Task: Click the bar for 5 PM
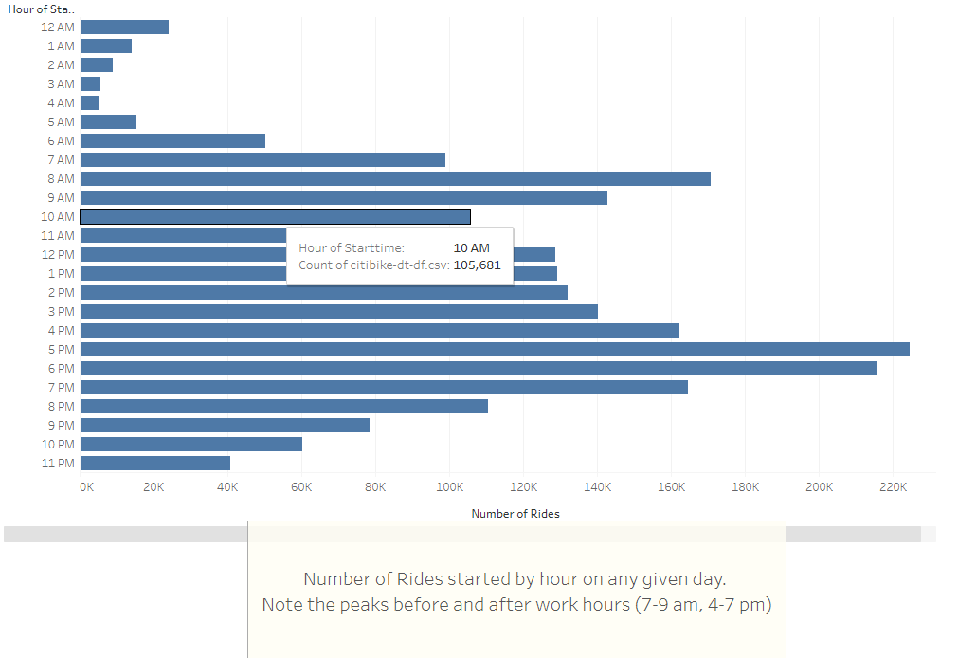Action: click(495, 349)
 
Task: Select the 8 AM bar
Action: click(395, 178)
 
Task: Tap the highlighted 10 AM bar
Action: click(275, 216)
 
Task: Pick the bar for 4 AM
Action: click(90, 102)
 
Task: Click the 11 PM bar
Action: click(155, 463)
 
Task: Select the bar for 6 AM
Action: click(172, 140)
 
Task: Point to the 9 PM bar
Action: click(225, 425)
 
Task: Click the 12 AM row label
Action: click(58, 27)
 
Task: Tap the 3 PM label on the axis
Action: click(61, 311)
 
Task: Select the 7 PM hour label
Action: click(61, 387)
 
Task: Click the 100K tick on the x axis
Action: click(449, 487)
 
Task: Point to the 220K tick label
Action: click(893, 487)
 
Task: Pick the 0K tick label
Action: click(86, 487)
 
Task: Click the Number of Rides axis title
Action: click(515, 513)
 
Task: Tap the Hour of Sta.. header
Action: click(42, 9)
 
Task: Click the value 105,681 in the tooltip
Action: click(477, 265)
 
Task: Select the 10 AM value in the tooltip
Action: click(471, 247)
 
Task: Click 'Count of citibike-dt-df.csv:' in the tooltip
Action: click(373, 265)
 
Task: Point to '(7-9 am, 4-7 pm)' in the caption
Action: click(702, 604)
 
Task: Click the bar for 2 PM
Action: click(324, 292)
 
